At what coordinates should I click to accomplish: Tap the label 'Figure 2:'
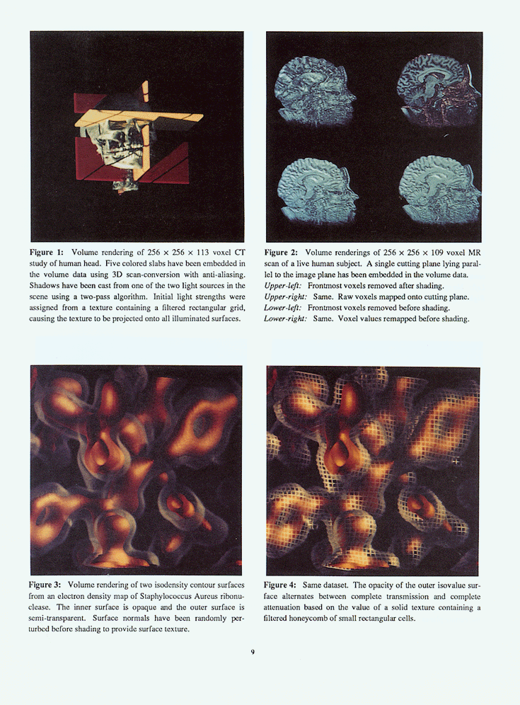281,252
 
